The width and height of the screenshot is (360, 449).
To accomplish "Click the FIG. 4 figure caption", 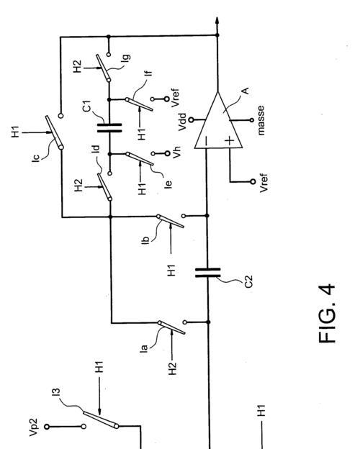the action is click(x=326, y=314).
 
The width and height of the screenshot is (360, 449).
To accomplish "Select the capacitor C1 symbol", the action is click(x=109, y=127).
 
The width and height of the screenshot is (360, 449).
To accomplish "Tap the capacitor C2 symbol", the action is click(x=208, y=272).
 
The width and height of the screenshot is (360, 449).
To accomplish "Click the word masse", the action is click(x=261, y=120).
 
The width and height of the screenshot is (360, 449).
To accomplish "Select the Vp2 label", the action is click(x=33, y=427).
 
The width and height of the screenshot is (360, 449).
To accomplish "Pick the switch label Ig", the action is click(x=126, y=58).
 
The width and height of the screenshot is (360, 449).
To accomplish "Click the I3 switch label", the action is click(x=57, y=392).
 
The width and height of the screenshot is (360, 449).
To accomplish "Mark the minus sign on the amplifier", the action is click(x=206, y=140).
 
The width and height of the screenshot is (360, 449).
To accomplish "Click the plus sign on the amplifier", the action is click(x=229, y=140).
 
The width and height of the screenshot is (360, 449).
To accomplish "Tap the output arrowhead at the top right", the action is click(x=217, y=22).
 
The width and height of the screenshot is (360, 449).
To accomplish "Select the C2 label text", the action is click(x=248, y=281).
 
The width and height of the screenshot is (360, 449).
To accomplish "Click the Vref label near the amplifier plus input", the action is click(x=264, y=183).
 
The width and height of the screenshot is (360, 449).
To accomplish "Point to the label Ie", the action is click(x=168, y=184).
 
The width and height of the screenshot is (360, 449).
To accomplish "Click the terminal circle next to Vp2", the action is click(x=47, y=427).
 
